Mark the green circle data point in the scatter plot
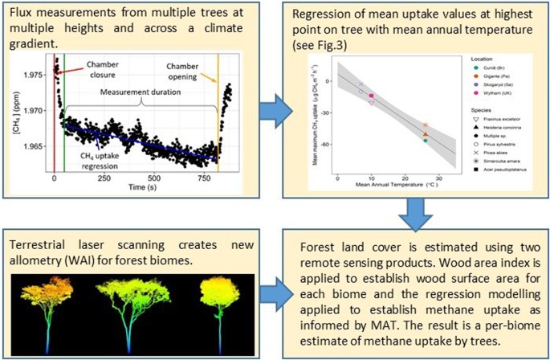425,141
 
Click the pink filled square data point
371,96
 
